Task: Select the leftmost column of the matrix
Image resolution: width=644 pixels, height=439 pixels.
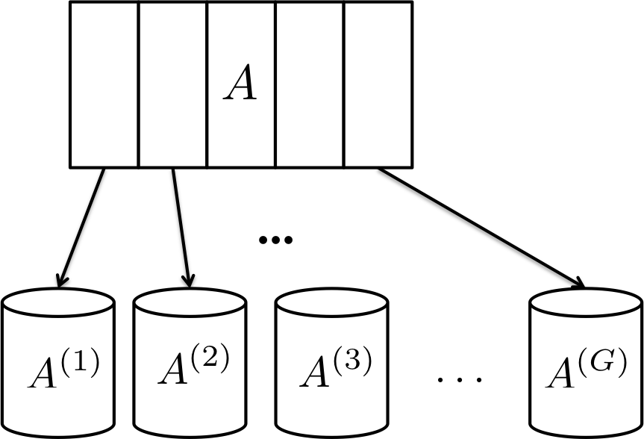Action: pyautogui.click(x=104, y=84)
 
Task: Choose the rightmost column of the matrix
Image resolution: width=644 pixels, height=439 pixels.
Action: pyautogui.click(x=378, y=84)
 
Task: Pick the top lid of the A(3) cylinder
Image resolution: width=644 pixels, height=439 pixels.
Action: pyautogui.click(x=332, y=303)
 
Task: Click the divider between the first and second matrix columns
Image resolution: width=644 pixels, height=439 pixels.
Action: pyautogui.click(x=139, y=84)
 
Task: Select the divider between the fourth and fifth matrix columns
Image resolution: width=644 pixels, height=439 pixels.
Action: pyautogui.click(x=344, y=84)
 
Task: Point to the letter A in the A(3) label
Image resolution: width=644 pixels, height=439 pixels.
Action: pyautogui.click(x=315, y=374)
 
